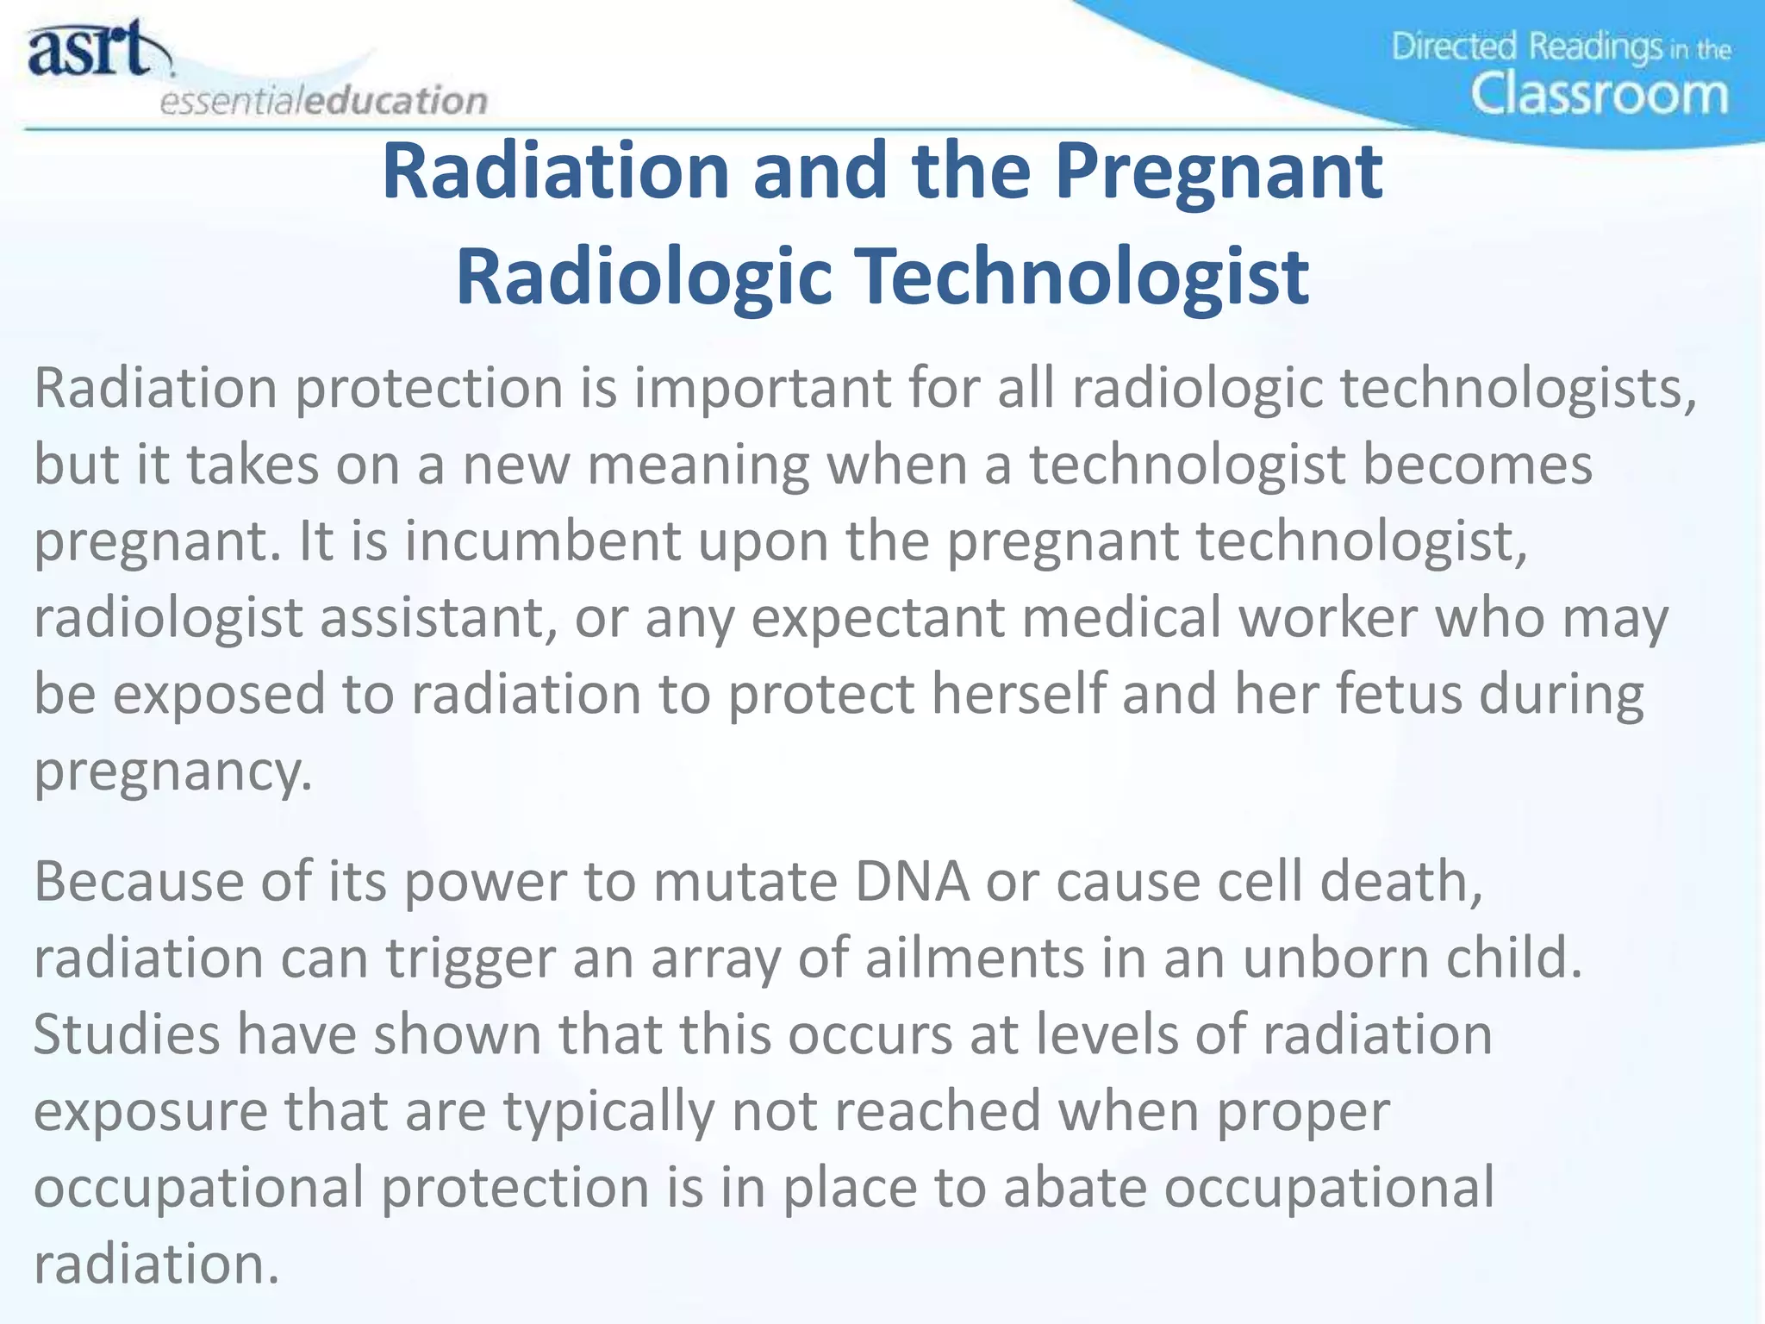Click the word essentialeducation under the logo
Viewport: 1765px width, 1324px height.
(x=324, y=101)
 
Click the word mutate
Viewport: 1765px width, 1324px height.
(x=745, y=882)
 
